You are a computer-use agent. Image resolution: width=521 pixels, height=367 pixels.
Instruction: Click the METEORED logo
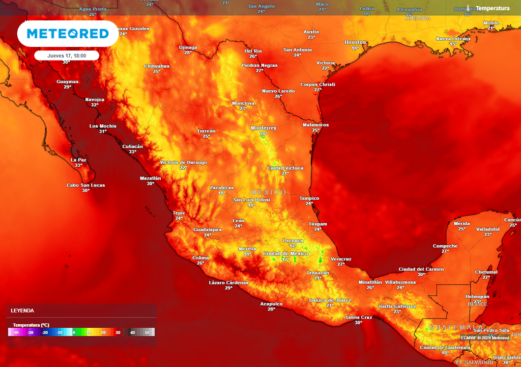tap(68, 34)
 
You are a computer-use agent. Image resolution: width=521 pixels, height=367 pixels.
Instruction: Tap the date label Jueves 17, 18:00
tap(67, 56)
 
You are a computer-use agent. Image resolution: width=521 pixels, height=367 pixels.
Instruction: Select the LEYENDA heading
tap(22, 310)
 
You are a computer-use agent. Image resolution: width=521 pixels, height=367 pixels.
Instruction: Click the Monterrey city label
tap(264, 128)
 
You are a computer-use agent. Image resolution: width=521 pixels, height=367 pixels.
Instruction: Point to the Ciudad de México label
tap(285, 253)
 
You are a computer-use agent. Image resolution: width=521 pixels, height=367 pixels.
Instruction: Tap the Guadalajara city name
tap(207, 229)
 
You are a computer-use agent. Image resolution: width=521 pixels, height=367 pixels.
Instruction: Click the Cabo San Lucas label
tap(85, 185)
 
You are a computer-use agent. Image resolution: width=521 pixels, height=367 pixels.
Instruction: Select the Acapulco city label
tap(271, 304)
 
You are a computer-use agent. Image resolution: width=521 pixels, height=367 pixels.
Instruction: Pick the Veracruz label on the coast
tap(341, 259)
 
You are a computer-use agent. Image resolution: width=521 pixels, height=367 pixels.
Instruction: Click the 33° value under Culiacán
tap(132, 152)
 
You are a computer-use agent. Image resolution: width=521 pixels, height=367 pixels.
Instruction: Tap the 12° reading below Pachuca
tap(293, 246)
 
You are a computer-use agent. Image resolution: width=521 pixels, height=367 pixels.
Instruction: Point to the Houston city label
tap(355, 42)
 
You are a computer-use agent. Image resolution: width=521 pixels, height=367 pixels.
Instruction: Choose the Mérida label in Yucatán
tap(461, 223)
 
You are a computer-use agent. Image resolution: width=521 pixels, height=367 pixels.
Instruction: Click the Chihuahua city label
tap(157, 66)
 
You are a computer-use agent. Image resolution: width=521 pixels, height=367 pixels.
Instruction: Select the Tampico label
tap(309, 198)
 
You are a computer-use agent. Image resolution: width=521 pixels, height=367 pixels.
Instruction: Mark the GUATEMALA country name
tap(456, 327)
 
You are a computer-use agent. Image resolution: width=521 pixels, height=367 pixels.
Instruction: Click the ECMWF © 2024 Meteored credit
tap(485, 337)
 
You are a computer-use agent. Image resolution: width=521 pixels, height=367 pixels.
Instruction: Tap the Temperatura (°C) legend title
tap(31, 325)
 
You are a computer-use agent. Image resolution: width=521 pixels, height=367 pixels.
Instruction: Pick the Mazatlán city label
tap(150, 178)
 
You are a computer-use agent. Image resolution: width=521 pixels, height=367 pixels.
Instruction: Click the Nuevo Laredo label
tap(278, 91)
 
